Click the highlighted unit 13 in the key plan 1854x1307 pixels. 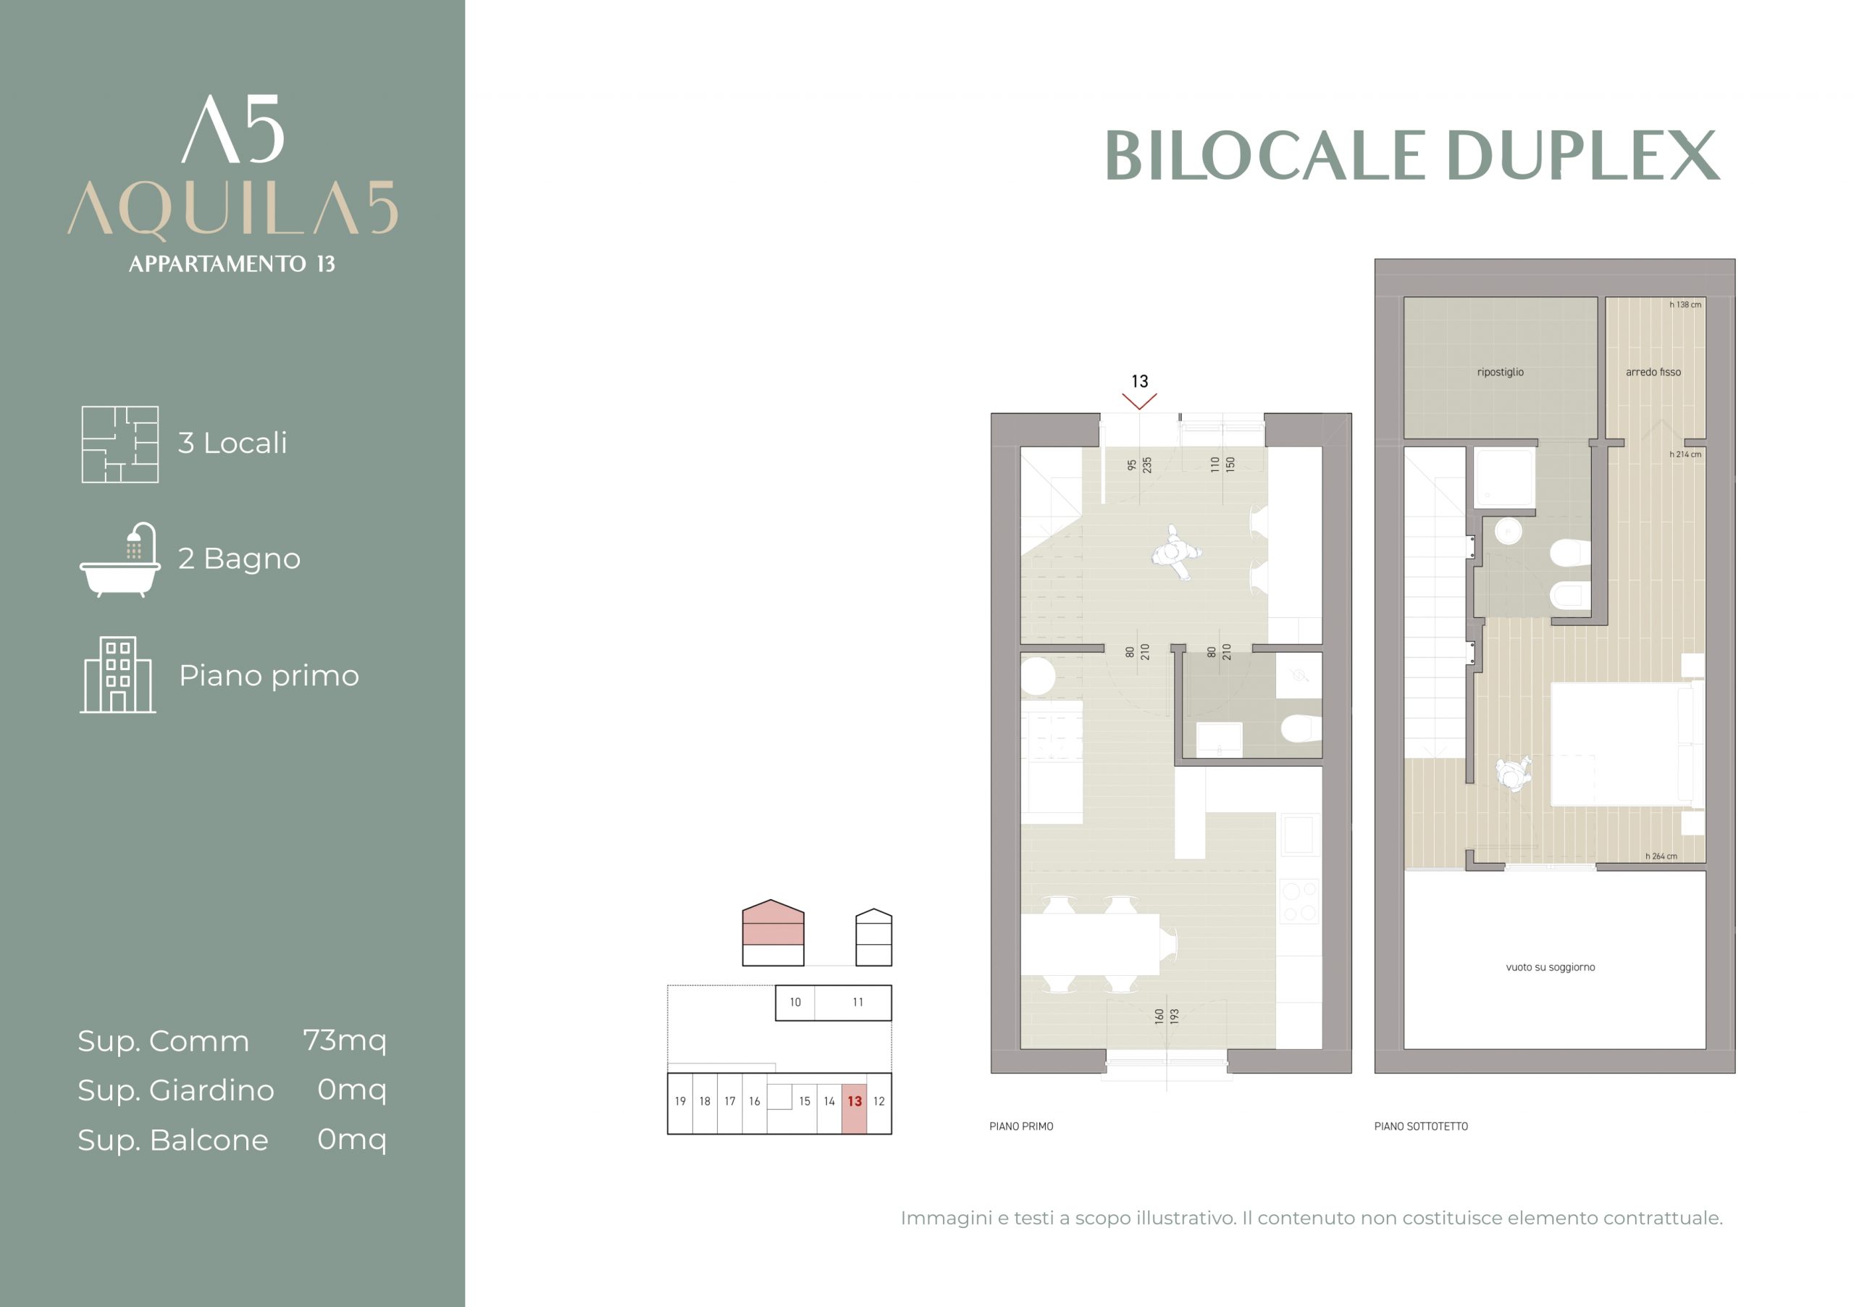[x=855, y=1103]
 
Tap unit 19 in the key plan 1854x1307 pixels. [x=680, y=1102]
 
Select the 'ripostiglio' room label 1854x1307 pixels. [x=1501, y=372]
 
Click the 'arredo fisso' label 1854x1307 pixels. [x=1653, y=372]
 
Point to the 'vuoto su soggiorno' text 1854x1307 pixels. [x=1551, y=967]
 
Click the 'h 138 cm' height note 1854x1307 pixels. [x=1685, y=304]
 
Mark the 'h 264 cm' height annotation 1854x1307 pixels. [x=1661, y=856]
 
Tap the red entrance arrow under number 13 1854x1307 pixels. [x=1139, y=401]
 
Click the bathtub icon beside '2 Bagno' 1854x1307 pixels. [x=119, y=559]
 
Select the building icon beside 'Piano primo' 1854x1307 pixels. [x=118, y=675]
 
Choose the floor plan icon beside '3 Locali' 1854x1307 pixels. [x=119, y=444]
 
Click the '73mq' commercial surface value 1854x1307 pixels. [x=345, y=1041]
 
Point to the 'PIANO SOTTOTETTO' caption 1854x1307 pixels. [x=1421, y=1126]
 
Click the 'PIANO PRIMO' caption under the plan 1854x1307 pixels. [x=1021, y=1126]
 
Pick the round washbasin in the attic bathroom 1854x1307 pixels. [x=1508, y=532]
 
